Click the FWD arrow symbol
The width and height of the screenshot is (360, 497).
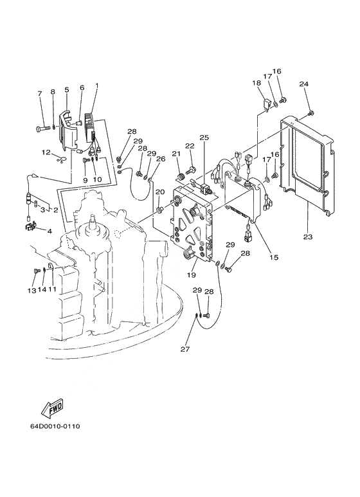(x=52, y=406)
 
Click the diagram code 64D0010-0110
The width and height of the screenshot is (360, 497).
(x=55, y=426)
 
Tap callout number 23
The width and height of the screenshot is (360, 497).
(x=307, y=237)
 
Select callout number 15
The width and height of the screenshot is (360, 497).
(x=274, y=257)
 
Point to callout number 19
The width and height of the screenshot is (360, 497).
(x=191, y=275)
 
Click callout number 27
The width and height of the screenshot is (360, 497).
(x=185, y=349)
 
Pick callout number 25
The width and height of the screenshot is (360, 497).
(x=204, y=138)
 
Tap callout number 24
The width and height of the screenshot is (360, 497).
(x=304, y=84)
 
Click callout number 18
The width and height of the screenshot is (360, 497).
(x=256, y=83)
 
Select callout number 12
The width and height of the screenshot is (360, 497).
(x=46, y=152)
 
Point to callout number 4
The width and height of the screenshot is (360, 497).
(x=50, y=231)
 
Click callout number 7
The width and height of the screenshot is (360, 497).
(x=40, y=93)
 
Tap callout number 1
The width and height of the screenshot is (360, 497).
(x=97, y=85)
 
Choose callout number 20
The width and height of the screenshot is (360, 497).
(x=160, y=192)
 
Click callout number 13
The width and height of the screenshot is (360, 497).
(x=32, y=290)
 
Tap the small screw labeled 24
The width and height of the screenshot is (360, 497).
(x=311, y=113)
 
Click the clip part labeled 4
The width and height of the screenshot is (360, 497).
(x=30, y=227)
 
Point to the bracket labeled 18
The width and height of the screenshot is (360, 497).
(x=267, y=106)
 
